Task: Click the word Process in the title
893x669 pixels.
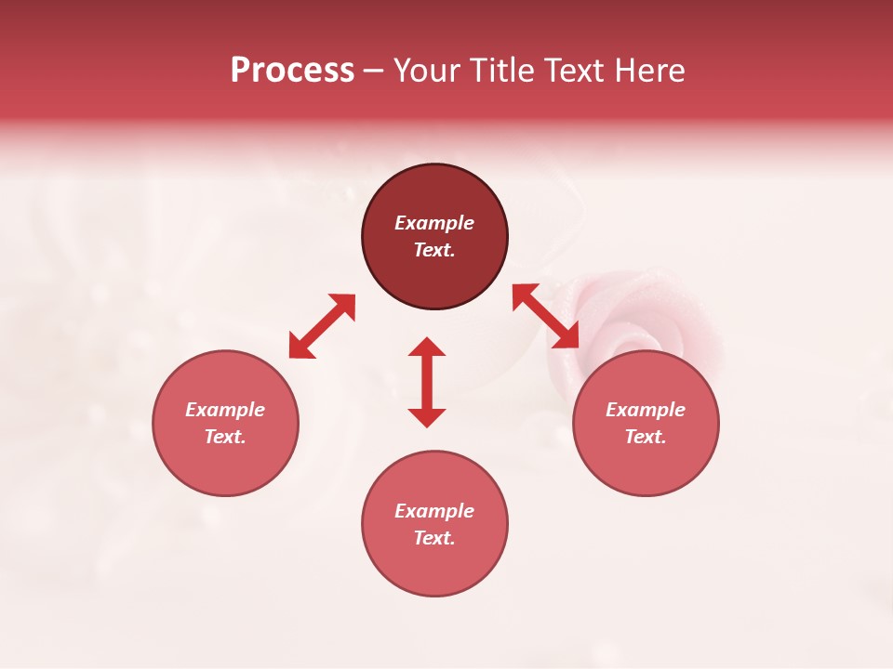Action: pyautogui.click(x=292, y=71)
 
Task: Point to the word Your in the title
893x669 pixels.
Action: pyautogui.click(x=428, y=71)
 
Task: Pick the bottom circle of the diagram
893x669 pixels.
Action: pyautogui.click(x=434, y=567)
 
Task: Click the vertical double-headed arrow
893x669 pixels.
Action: pyautogui.click(x=427, y=382)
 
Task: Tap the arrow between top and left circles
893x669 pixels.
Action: pyautogui.click(x=322, y=326)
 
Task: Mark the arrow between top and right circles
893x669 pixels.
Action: pyautogui.click(x=545, y=316)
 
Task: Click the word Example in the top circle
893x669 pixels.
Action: pyautogui.click(x=434, y=223)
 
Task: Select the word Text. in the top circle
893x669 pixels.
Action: pyautogui.click(x=434, y=250)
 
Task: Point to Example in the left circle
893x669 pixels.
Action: pyautogui.click(x=225, y=410)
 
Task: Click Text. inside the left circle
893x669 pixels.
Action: pyautogui.click(x=225, y=437)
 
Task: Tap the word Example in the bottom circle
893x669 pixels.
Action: pyautogui.click(x=434, y=511)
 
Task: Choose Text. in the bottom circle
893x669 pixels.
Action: pyautogui.click(x=434, y=538)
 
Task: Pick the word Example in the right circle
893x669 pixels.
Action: pyautogui.click(x=646, y=410)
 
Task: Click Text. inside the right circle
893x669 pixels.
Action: pyautogui.click(x=646, y=437)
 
